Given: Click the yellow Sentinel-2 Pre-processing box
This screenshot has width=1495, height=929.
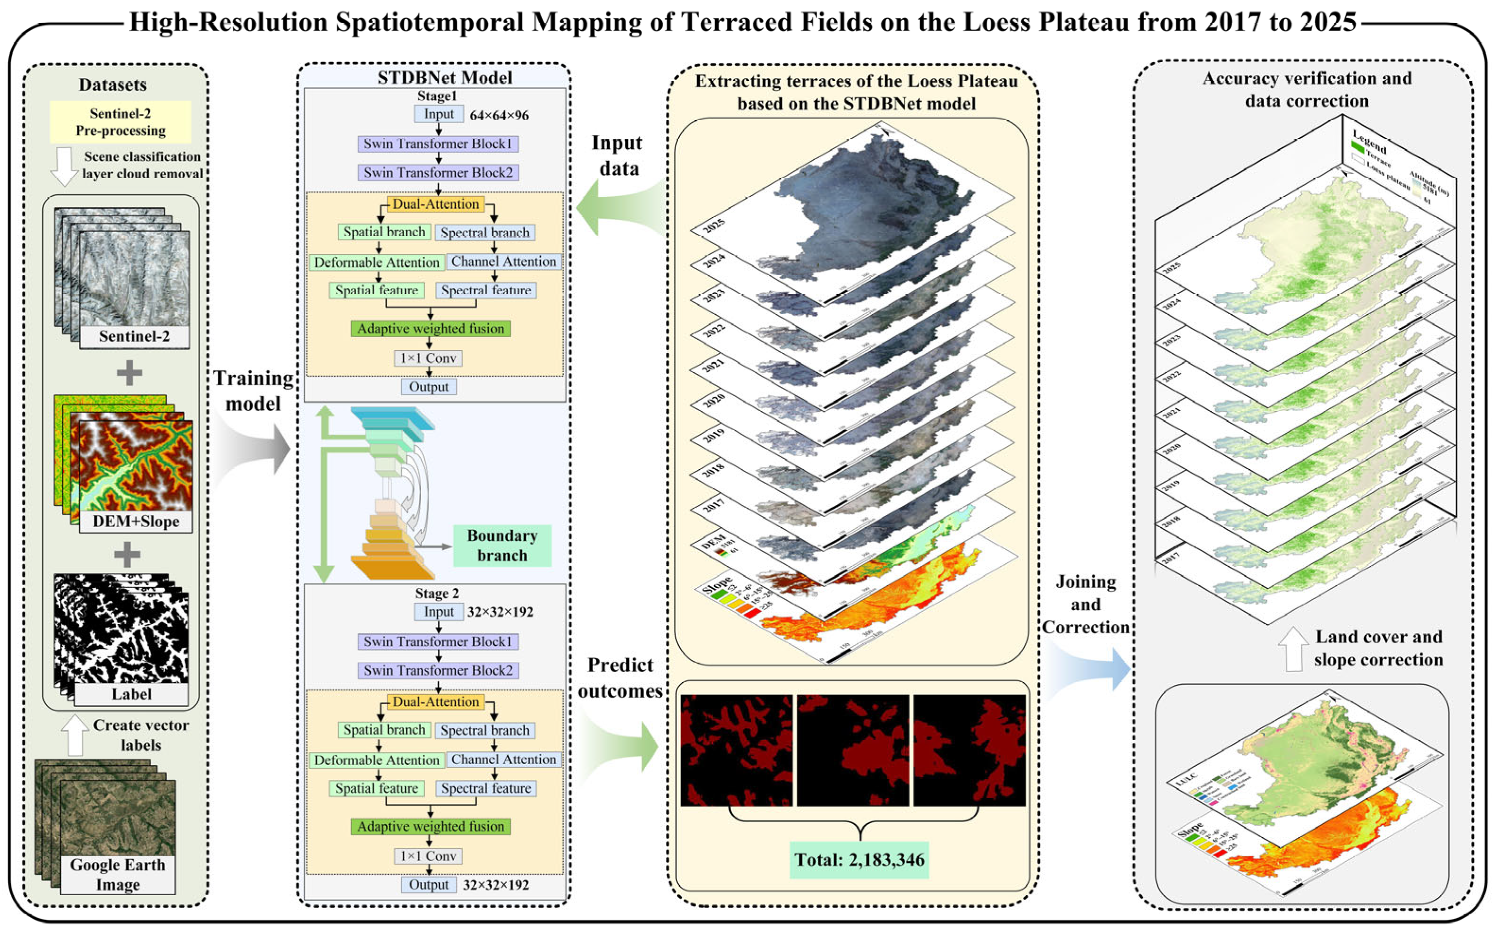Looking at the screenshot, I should [x=120, y=122].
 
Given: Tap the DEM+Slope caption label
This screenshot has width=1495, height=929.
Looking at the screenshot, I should [x=136, y=521].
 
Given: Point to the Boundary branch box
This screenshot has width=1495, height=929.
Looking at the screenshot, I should [x=502, y=545].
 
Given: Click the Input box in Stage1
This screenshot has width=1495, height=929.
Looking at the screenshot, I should [x=439, y=114].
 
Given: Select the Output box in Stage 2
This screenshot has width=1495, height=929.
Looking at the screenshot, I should [x=429, y=884].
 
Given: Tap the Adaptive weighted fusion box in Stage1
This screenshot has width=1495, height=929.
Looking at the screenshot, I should [x=431, y=329].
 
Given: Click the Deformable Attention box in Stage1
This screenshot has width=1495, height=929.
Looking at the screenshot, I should [x=376, y=262].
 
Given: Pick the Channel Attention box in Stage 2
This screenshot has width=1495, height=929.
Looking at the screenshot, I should [x=504, y=759].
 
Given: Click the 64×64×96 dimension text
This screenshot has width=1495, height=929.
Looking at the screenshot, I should [x=499, y=115].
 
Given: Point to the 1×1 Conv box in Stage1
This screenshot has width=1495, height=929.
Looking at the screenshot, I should [x=428, y=358].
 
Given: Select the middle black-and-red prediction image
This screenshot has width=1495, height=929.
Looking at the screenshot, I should [x=852, y=750].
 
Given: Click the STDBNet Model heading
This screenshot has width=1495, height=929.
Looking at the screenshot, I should [x=445, y=77].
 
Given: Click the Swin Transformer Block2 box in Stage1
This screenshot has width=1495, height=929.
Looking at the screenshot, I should [x=438, y=173].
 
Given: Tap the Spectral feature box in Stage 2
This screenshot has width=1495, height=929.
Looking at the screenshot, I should [x=486, y=788].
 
